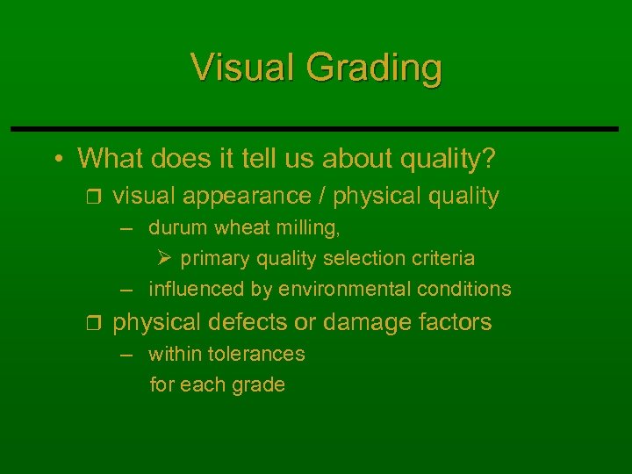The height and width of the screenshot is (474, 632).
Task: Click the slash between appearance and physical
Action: (x=324, y=196)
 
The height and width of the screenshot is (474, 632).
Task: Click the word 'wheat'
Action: (x=243, y=228)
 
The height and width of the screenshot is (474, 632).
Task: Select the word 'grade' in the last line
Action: (x=261, y=384)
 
